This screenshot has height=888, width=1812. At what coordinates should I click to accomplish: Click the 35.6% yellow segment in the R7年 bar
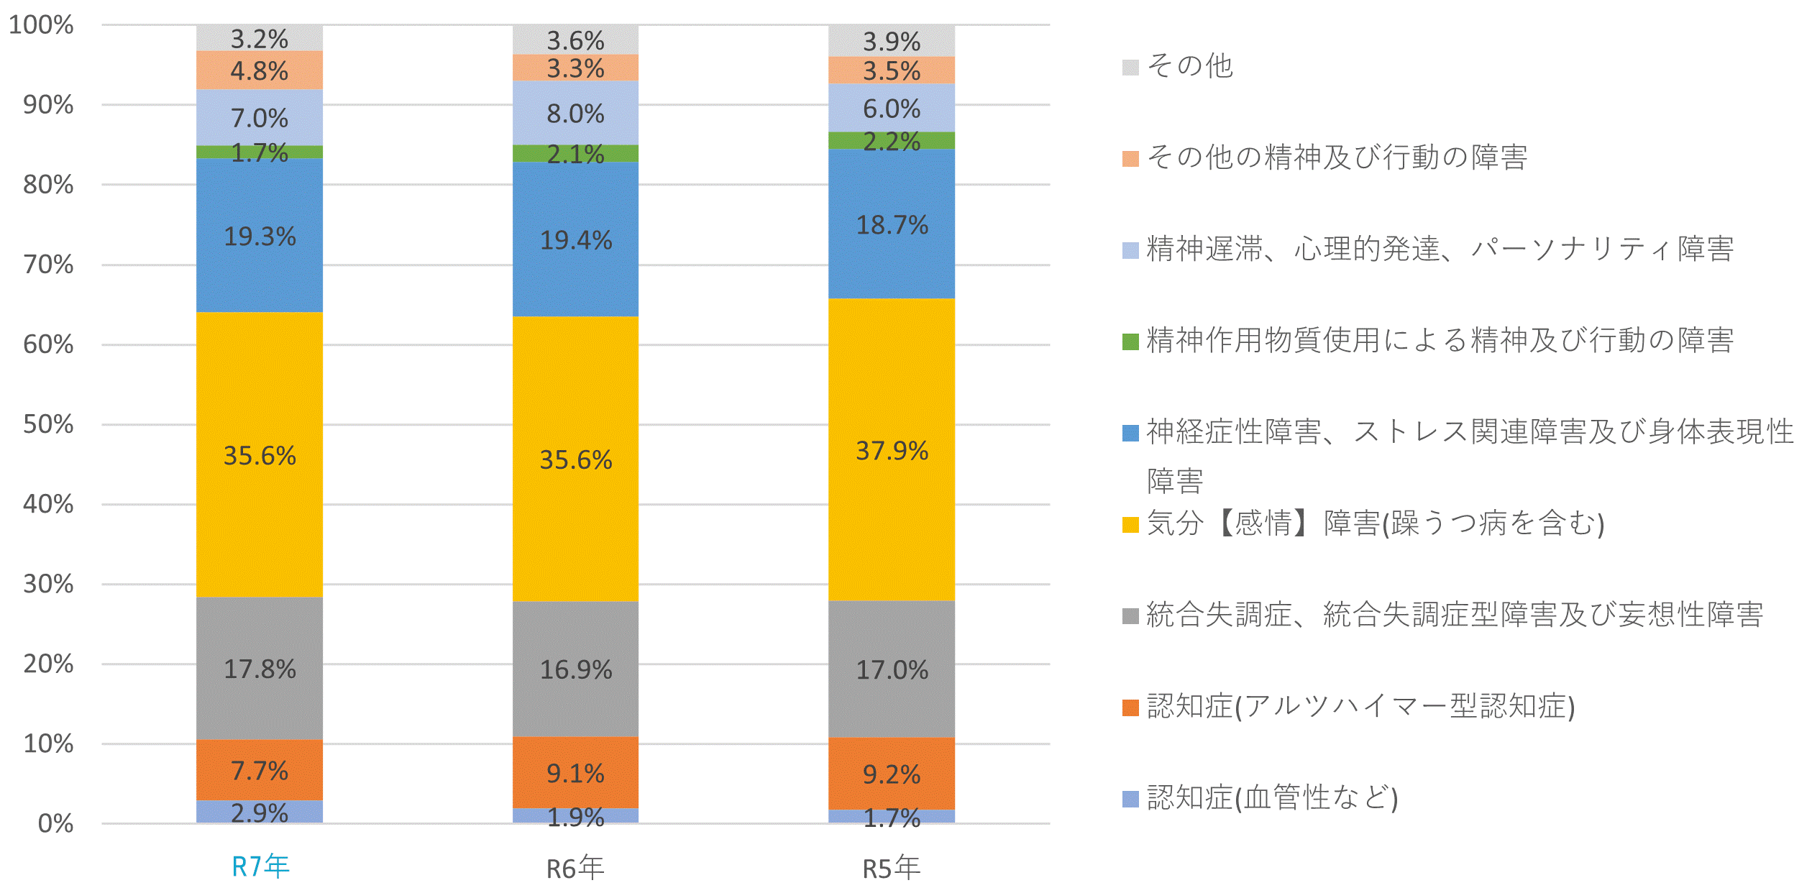click(x=260, y=454)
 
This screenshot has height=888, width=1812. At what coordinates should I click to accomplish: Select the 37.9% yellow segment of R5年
click(x=892, y=450)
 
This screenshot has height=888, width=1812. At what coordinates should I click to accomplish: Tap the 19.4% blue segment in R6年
click(x=575, y=239)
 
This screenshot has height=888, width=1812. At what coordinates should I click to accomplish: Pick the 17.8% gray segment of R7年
click(x=260, y=669)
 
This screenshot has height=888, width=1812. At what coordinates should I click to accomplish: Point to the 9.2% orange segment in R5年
click(x=892, y=774)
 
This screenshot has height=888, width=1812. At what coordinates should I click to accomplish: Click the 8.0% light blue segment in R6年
click(x=575, y=114)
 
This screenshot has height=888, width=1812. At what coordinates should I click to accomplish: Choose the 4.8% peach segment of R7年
click(x=260, y=70)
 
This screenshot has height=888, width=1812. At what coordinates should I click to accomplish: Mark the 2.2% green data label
click(x=892, y=141)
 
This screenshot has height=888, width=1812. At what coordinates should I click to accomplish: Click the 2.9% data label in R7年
click(x=260, y=813)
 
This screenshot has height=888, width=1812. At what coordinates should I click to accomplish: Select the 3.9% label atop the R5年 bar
click(x=892, y=41)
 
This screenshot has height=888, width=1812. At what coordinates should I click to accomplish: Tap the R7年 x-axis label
click(x=260, y=866)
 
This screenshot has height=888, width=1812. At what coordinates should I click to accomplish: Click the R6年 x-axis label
click(x=575, y=869)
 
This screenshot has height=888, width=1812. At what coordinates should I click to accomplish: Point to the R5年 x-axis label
click(x=892, y=869)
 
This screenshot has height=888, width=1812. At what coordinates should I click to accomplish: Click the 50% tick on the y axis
click(x=48, y=424)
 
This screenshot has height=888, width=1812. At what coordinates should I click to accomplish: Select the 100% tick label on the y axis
click(x=41, y=25)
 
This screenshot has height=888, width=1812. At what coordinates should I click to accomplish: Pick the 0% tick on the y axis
click(x=55, y=823)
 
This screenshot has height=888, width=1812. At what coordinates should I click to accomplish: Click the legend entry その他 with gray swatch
click(x=1190, y=66)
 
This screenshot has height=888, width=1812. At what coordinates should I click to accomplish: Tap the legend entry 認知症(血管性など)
click(x=1272, y=797)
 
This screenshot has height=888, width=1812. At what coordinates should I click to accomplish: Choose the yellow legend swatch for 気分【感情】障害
click(x=1130, y=525)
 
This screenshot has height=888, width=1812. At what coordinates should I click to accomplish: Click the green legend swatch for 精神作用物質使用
click(x=1130, y=342)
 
